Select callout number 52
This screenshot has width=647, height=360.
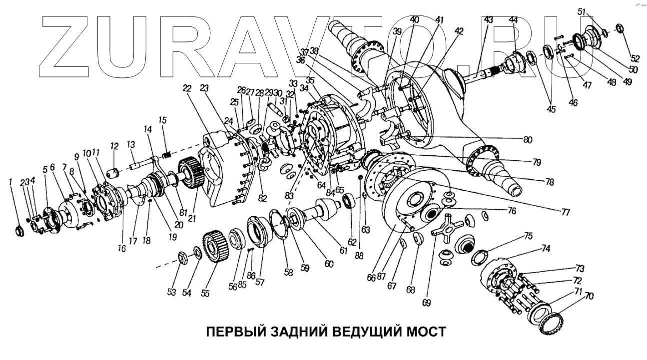(x=621, y=58)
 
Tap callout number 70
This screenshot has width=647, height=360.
(x=590, y=296)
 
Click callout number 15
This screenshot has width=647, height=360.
(x=162, y=120)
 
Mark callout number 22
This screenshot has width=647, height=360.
(x=187, y=88)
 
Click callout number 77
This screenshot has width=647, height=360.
(x=565, y=212)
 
